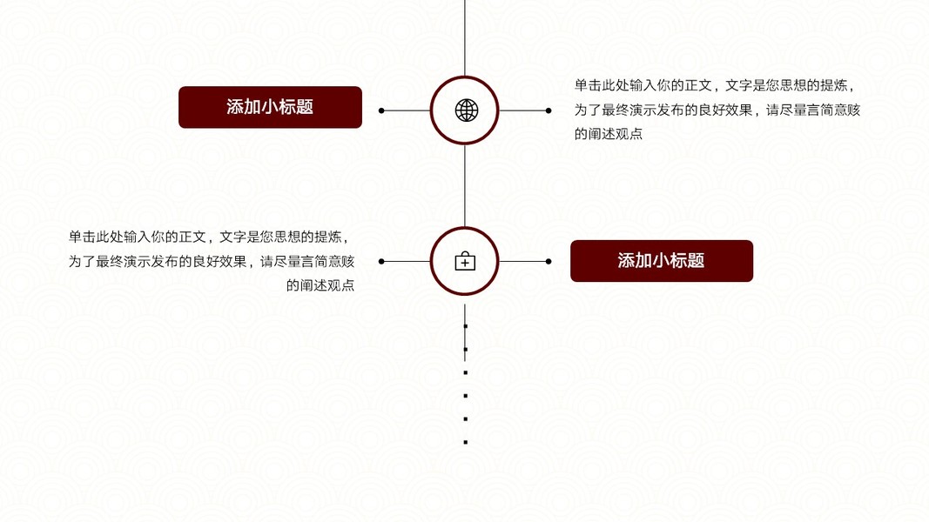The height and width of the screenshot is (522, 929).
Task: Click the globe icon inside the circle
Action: coord(467,110)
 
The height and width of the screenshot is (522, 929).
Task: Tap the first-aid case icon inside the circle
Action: coord(465,261)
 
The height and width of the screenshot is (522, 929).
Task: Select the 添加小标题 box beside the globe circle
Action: coord(270,107)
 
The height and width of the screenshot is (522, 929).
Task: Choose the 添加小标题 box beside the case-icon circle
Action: coord(661,261)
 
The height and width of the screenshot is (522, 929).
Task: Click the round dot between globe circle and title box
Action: coord(381,110)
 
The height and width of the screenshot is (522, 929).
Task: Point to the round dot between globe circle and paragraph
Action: coord(549,110)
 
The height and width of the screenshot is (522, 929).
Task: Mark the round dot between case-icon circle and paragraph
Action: coord(381,261)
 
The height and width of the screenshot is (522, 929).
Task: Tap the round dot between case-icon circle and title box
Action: coord(549,261)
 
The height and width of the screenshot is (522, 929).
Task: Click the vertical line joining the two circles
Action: coord(465,185)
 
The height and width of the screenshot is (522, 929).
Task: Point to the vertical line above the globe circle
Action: coord(465,35)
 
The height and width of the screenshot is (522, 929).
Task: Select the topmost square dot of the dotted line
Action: coord(466,326)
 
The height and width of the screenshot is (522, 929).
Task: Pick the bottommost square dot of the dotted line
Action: coord(466,442)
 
